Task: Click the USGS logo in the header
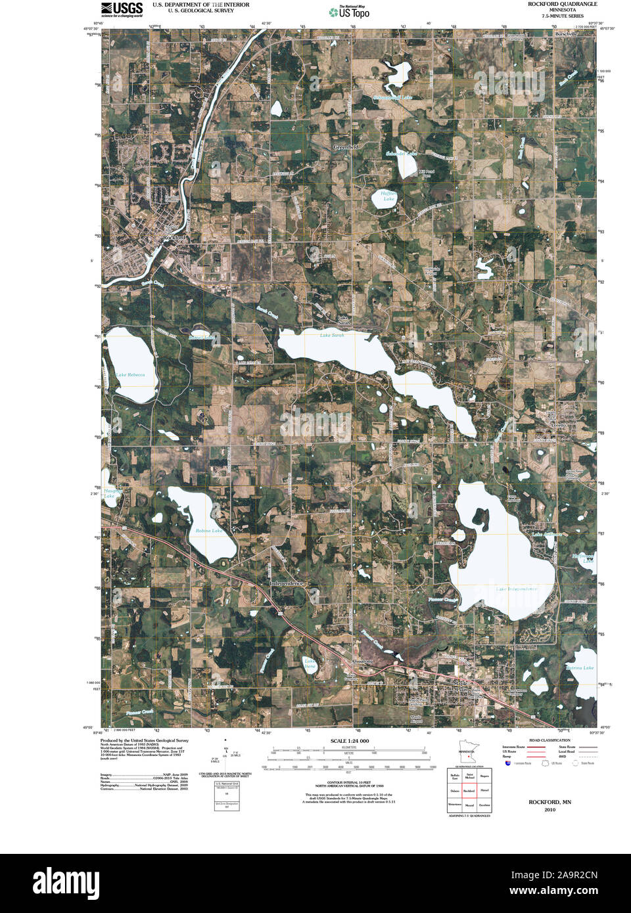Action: point(122,9)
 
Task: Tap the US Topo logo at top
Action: point(350,11)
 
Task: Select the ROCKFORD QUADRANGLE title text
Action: point(563,4)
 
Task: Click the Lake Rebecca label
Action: point(130,375)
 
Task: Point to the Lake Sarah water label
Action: point(332,336)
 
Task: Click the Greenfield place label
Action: point(346,147)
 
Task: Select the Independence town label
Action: point(287,583)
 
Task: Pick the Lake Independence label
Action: point(517,589)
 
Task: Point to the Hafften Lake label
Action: point(388,196)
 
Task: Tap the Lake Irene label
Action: point(310,664)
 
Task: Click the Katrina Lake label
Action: point(580,668)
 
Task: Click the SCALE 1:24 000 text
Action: point(350,741)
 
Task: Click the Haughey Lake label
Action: point(109,493)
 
